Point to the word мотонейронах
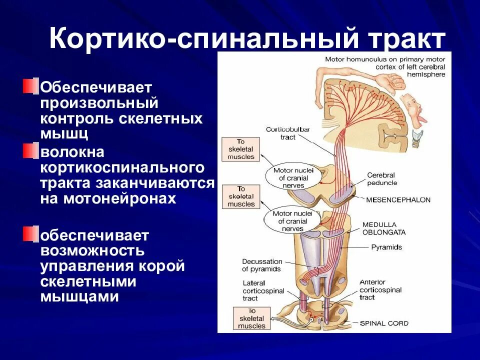(119, 198)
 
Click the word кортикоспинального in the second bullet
(122, 166)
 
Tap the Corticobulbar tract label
(287, 133)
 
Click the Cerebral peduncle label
(380, 179)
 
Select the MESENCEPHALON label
(398, 199)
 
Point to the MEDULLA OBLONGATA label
(384, 228)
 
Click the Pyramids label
(386, 247)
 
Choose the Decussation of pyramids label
(262, 265)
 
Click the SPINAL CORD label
(384, 323)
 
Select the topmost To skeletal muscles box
(241, 149)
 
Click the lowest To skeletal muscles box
(251, 318)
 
